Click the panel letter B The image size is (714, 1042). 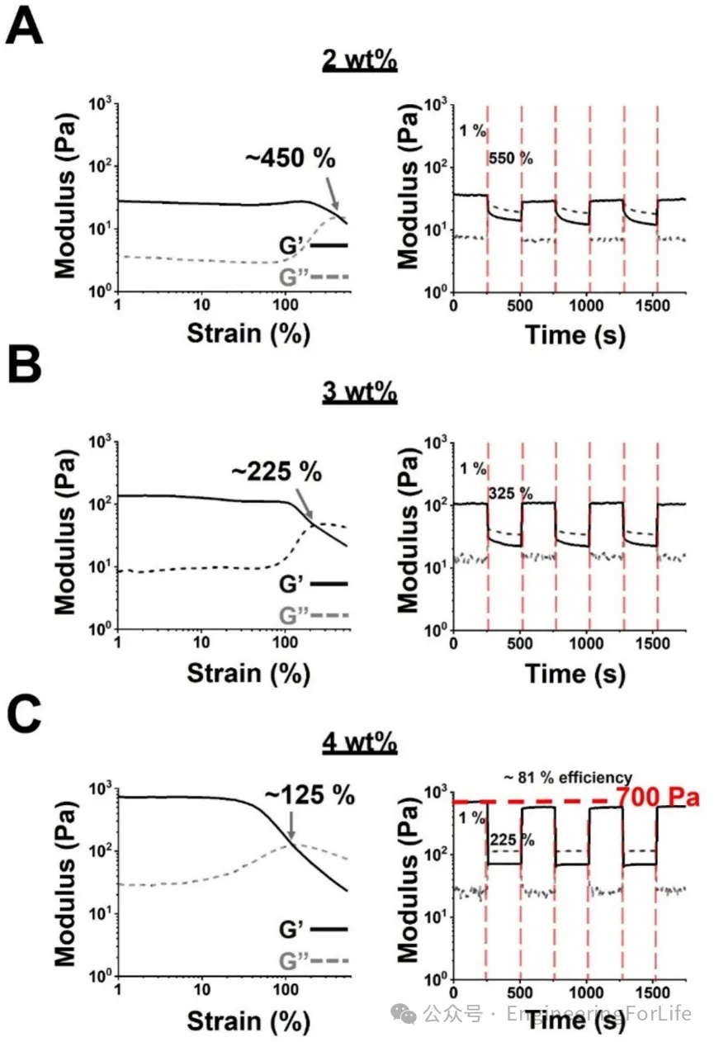point(24,364)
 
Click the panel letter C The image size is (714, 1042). point(25,715)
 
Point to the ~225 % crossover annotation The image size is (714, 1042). point(276,473)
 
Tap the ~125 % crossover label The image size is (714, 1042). point(309,794)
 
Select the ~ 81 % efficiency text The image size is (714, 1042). point(568,777)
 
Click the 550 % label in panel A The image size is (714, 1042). point(510,159)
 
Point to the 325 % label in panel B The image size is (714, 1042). point(510,495)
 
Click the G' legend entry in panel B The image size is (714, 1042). point(296,584)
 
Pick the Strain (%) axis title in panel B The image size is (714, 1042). point(248,673)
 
